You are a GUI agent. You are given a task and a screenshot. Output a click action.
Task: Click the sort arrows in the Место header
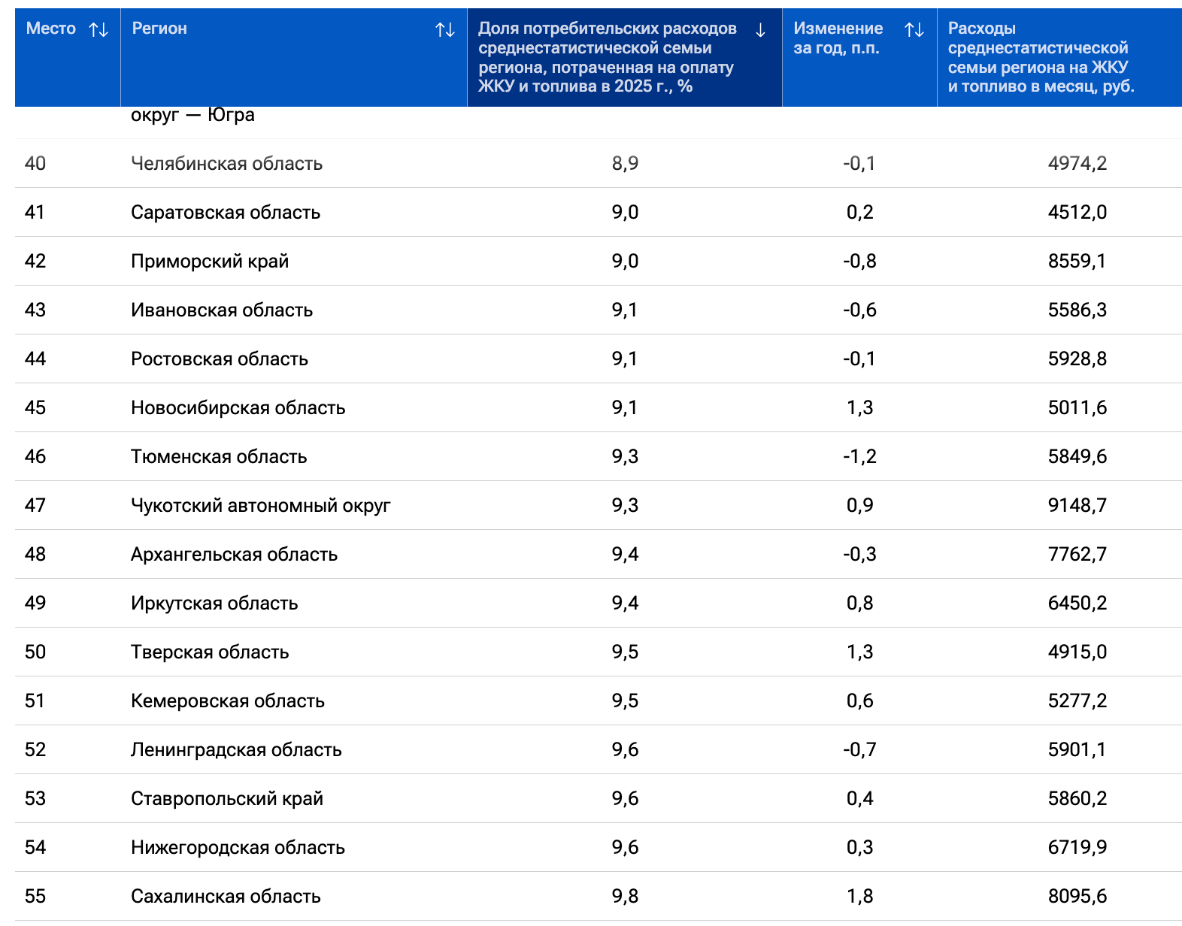(98, 29)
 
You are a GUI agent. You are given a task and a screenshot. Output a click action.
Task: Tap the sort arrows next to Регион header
(445, 29)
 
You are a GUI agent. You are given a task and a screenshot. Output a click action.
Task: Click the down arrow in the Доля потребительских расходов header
(760, 29)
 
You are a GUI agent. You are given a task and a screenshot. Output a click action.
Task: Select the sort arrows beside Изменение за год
(914, 29)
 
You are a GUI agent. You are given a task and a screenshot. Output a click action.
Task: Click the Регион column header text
(159, 29)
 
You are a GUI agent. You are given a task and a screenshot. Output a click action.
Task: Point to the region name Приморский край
(210, 261)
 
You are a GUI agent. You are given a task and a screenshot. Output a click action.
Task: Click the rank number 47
(35, 505)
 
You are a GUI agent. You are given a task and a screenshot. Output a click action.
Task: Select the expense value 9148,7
(1077, 505)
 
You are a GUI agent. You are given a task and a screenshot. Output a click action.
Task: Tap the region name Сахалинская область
(226, 896)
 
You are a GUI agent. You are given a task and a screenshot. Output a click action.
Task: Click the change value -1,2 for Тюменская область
(859, 456)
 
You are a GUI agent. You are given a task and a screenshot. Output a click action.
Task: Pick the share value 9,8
(625, 896)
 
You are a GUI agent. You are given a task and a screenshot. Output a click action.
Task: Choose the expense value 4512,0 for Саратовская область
(1077, 212)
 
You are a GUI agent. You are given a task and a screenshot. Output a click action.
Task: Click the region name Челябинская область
(226, 164)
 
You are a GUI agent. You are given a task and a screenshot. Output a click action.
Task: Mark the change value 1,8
(859, 896)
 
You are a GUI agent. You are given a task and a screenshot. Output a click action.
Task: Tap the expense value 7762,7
(1077, 554)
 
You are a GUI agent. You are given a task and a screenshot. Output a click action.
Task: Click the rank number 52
(35, 749)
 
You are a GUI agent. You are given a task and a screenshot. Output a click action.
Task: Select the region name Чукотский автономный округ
(261, 506)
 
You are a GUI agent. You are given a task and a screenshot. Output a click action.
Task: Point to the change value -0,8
(859, 261)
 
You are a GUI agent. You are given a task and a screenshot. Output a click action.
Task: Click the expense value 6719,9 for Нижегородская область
(1077, 847)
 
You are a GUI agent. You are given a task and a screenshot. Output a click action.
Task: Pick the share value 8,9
(625, 163)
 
